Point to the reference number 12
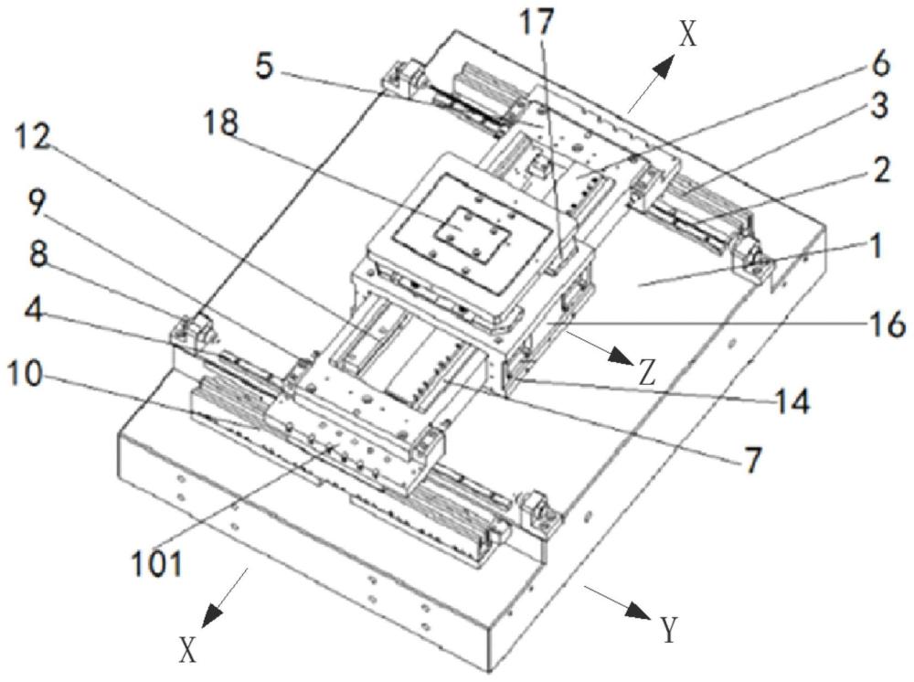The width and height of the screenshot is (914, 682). coord(32,137)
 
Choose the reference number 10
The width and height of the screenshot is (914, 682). coord(25,375)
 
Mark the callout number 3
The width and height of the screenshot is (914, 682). coord(879,107)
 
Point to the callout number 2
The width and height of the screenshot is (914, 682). coord(878,170)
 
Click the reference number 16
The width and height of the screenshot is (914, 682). coord(887,324)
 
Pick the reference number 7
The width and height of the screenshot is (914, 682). coord(752,460)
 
